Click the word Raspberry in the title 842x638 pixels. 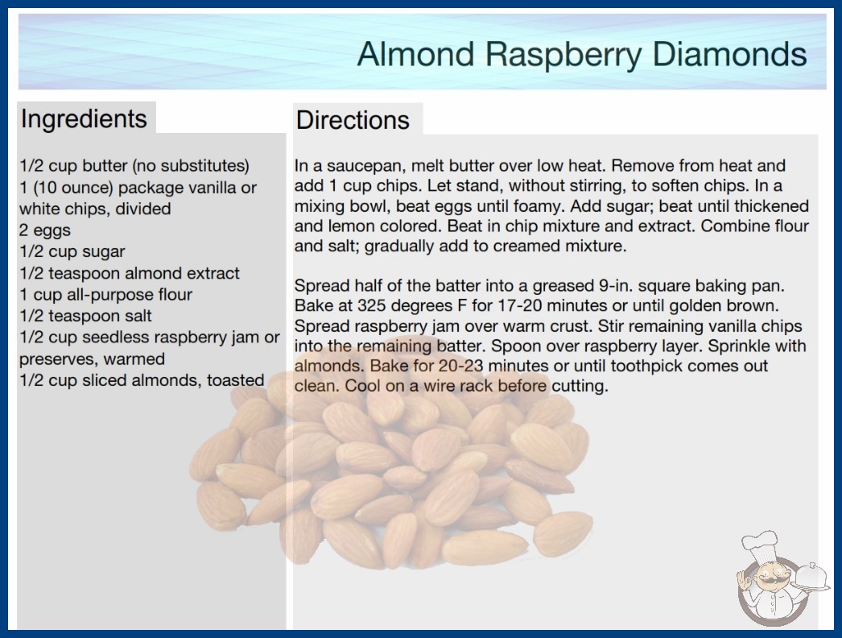coord(563,55)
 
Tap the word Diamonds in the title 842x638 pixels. coord(730,54)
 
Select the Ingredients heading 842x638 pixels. coord(84,119)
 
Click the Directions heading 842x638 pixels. coord(353,120)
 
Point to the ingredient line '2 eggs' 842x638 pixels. coord(45,230)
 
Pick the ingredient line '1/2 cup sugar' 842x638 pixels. coord(72,252)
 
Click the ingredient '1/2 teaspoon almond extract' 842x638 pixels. coord(130,273)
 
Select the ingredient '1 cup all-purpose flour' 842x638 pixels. coord(105,295)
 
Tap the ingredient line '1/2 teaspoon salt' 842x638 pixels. coord(86,316)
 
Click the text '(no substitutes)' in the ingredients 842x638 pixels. coord(191,166)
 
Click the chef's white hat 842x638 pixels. coord(760,545)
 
